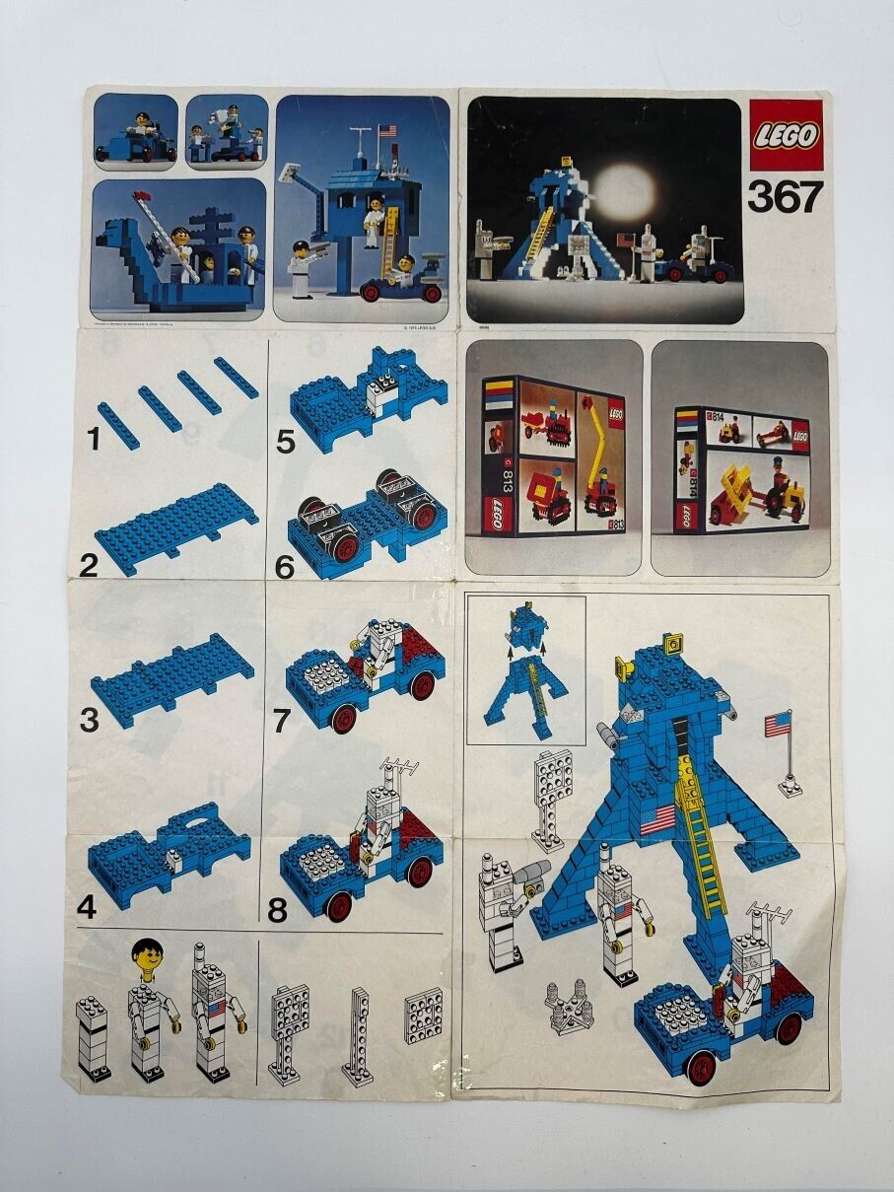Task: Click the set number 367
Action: pyautogui.click(x=784, y=197)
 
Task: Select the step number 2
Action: pyautogui.click(x=89, y=566)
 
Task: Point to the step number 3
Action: pyautogui.click(x=89, y=721)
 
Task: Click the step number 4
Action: pyautogui.click(x=87, y=906)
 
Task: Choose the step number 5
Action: pyautogui.click(x=285, y=443)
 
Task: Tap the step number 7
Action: pyautogui.click(x=283, y=721)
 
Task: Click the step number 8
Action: pyautogui.click(x=278, y=909)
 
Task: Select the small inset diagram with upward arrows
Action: pyautogui.click(x=525, y=668)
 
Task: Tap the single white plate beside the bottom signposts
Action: pyautogui.click(x=423, y=1016)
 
